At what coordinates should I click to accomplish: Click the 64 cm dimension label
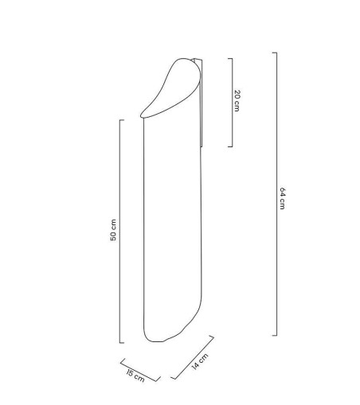coord(283,198)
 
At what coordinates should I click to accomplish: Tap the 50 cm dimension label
coord(113,230)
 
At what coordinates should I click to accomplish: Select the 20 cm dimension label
coord(237,101)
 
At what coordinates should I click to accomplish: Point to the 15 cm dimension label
coord(135,376)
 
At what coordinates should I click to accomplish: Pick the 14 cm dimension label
coord(200,361)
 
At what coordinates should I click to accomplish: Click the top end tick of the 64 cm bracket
coord(275,53)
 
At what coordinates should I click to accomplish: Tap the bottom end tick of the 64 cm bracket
coord(275,336)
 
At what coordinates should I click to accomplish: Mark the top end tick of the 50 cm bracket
coord(122,120)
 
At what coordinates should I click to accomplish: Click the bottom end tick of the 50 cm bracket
coord(122,343)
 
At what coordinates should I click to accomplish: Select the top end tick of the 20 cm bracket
coord(230,59)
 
